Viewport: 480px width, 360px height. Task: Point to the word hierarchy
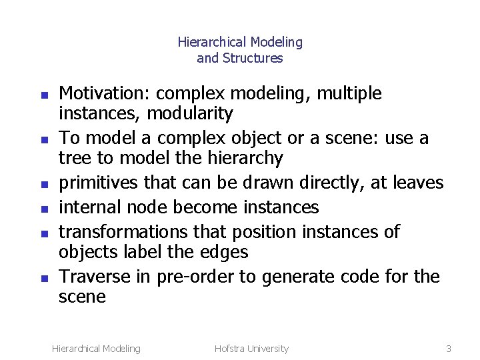247,159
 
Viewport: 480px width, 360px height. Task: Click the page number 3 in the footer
449,348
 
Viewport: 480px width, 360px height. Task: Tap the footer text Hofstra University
251,348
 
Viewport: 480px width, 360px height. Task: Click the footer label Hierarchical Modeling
96,348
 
